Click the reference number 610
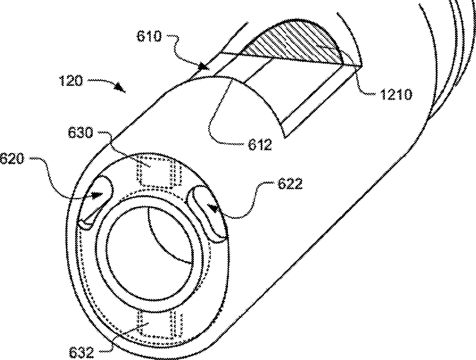149,38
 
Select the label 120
71,81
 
